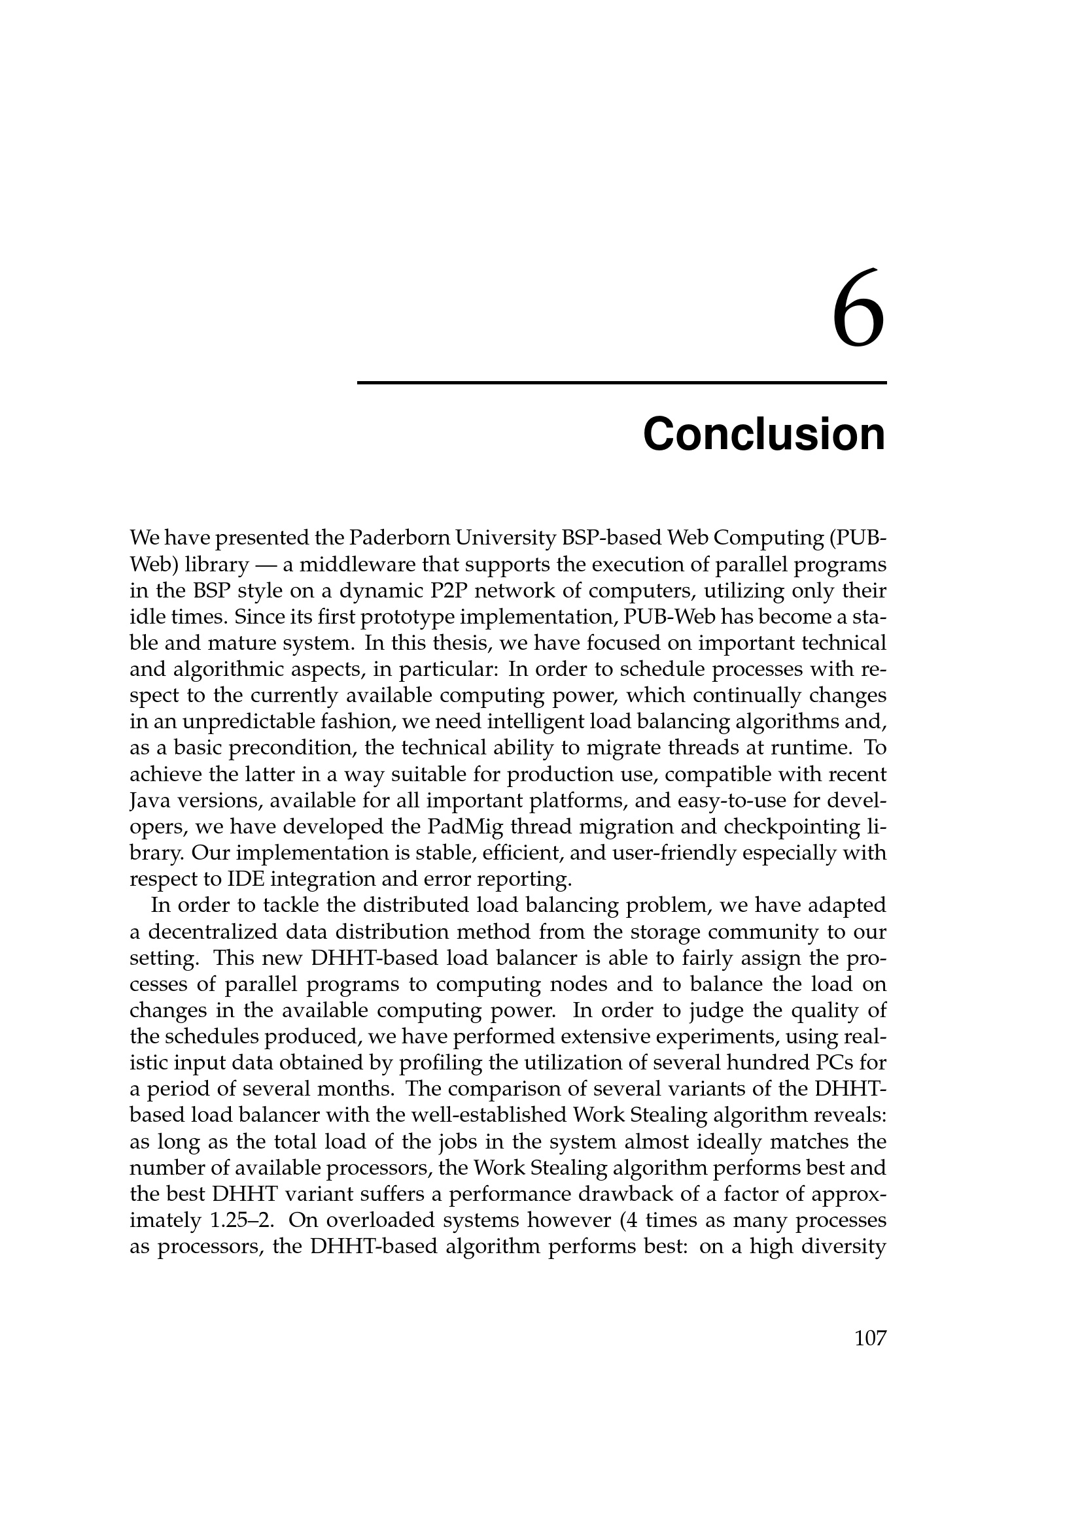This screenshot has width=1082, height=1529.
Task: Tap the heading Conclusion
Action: point(763,434)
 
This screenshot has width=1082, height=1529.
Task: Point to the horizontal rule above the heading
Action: point(621,383)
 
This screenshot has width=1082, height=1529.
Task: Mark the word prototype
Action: point(408,616)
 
